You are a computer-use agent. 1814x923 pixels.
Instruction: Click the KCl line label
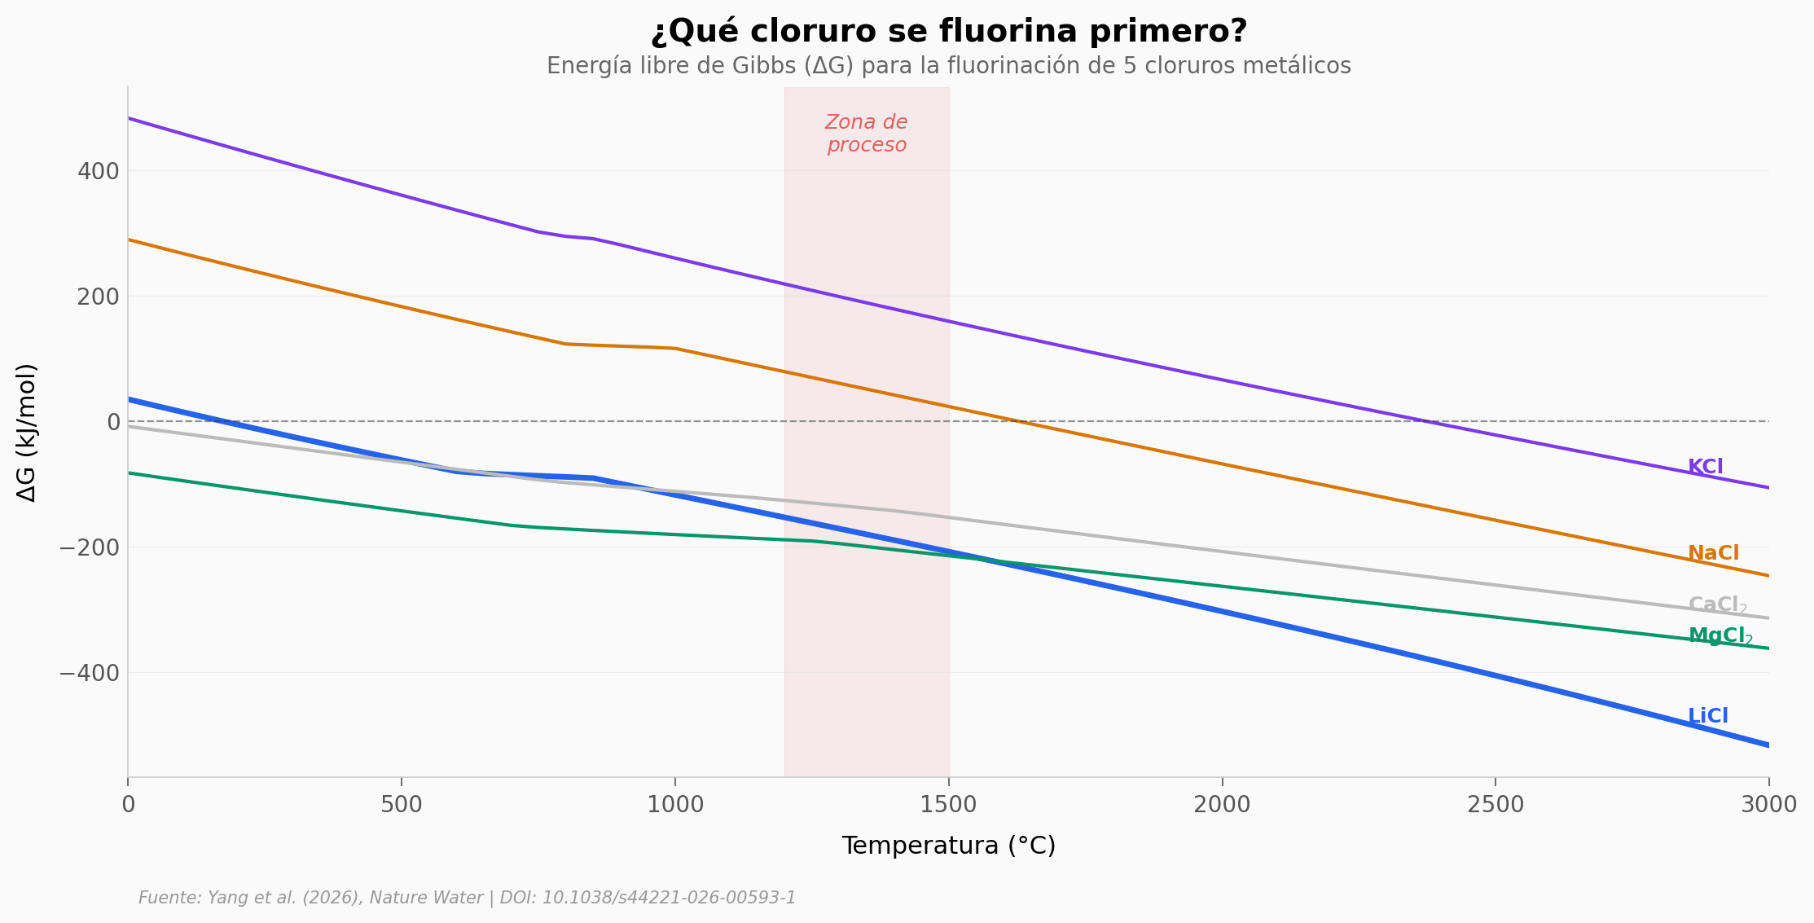[1705, 468]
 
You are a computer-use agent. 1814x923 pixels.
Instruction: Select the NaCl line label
[1713, 554]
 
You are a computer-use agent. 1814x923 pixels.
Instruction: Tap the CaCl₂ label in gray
[1717, 605]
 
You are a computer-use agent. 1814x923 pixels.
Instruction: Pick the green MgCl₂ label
[1720, 636]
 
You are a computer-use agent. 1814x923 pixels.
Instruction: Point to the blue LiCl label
[1707, 717]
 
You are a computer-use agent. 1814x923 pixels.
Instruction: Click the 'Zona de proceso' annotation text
[866, 134]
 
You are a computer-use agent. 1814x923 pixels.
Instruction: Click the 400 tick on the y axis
[99, 172]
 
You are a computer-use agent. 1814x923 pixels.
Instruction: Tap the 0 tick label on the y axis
[113, 422]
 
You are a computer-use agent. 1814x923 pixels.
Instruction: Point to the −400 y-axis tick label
[90, 674]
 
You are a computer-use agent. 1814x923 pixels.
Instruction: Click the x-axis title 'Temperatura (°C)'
[948, 846]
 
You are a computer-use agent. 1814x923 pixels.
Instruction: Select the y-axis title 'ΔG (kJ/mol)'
[27, 433]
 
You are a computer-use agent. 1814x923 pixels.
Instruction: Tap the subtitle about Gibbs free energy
[948, 66]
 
